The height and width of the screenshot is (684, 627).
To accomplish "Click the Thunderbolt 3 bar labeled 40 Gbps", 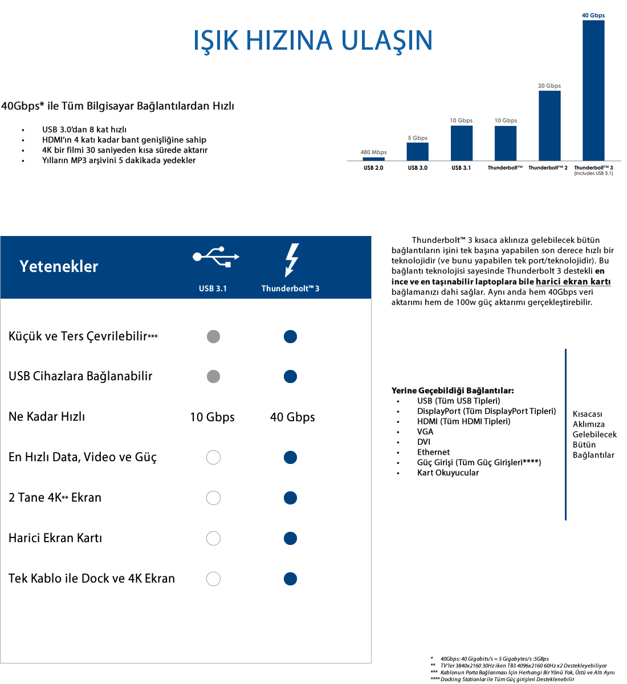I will pos(593,90).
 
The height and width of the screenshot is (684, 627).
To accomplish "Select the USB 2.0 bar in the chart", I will pos(373,159).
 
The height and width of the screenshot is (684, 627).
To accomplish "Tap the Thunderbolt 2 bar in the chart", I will pos(549,125).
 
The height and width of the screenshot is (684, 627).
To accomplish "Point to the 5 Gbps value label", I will pos(417,138).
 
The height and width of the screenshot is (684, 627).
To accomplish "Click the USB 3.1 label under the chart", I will pos(461,168).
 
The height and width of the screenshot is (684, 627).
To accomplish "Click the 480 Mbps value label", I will pos(373,152).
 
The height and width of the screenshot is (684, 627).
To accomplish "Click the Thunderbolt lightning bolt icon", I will pos(291,260).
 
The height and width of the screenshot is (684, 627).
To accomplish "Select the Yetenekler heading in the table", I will pos(59,266).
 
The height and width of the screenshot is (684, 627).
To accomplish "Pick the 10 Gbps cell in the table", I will pos(212,417).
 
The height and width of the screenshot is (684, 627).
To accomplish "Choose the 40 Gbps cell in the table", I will pos(292,417).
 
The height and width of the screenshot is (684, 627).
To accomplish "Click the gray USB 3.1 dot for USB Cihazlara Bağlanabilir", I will pos(213,376).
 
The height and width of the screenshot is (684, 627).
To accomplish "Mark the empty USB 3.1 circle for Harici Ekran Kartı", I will pos(213,538).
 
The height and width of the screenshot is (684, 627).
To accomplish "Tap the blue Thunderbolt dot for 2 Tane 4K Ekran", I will pos(290,498).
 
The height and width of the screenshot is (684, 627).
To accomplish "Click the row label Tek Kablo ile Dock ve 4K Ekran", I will pos(92,579).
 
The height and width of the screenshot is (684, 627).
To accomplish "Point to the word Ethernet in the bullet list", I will pos(433,452).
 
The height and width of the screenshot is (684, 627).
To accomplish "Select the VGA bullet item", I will pos(425,431).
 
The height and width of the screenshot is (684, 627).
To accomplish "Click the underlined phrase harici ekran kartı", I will pos(573,282).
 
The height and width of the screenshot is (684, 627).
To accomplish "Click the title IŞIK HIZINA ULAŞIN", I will pos(313,40).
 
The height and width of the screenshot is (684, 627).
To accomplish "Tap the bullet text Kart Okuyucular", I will pos(448,473).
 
